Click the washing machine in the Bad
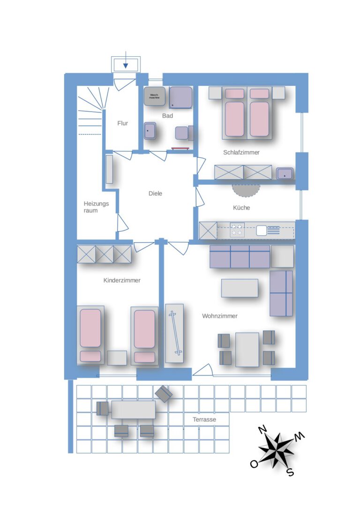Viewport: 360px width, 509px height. coord(155,96)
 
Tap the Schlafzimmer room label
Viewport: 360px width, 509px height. coord(241,152)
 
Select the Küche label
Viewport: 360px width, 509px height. coord(241,208)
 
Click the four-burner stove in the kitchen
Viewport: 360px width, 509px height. coord(237,230)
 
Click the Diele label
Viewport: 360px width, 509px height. coord(155,194)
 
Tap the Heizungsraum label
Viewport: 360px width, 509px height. coord(96,207)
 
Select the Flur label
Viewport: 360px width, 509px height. coord(123,123)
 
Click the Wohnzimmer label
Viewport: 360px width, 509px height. coord(220,316)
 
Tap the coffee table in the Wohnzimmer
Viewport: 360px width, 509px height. coord(240,288)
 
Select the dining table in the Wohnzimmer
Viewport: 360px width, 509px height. coord(247,350)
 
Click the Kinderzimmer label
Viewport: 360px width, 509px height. coord(122,280)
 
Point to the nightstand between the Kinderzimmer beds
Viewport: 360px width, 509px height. coord(117,358)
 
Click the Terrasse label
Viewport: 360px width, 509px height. coord(204,419)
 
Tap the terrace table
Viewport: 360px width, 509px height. coord(134,410)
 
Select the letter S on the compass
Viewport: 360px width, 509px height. coord(291,472)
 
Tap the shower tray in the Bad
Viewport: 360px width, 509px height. coord(180,97)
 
